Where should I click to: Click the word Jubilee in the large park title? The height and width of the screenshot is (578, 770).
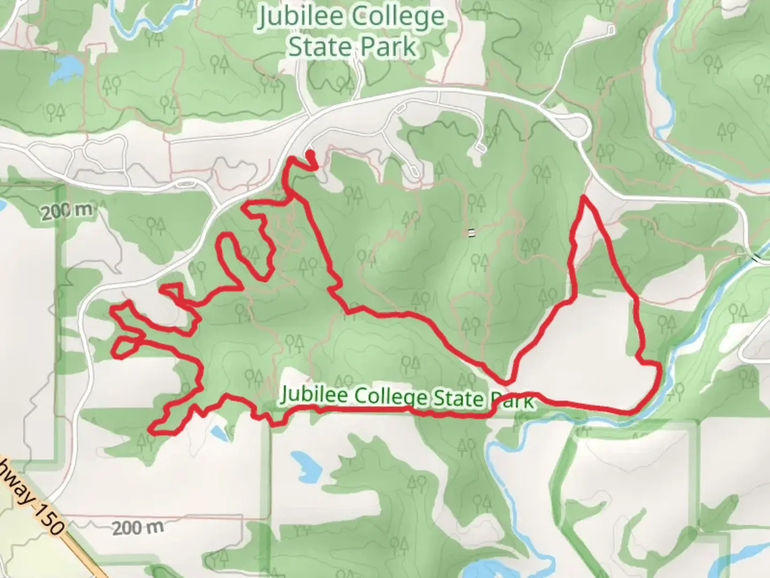[301, 17]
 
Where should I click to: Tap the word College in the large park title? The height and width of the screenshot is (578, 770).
[398, 17]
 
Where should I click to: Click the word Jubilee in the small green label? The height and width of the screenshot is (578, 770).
[314, 395]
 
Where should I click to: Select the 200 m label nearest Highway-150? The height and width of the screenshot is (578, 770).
[137, 528]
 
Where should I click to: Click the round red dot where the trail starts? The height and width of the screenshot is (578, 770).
[310, 155]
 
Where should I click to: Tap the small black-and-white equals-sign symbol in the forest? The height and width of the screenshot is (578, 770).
[471, 232]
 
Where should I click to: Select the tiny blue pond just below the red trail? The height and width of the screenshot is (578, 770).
[218, 431]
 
